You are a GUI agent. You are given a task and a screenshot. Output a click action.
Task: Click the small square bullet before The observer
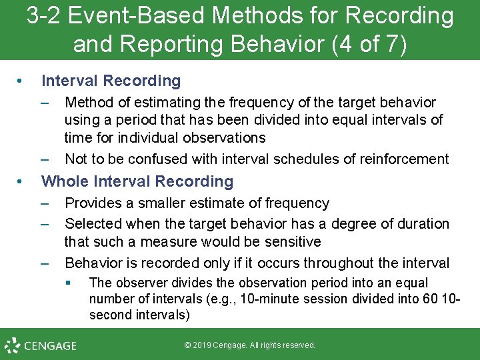(69, 283)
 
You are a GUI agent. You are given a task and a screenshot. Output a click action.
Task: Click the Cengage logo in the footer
(41, 345)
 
